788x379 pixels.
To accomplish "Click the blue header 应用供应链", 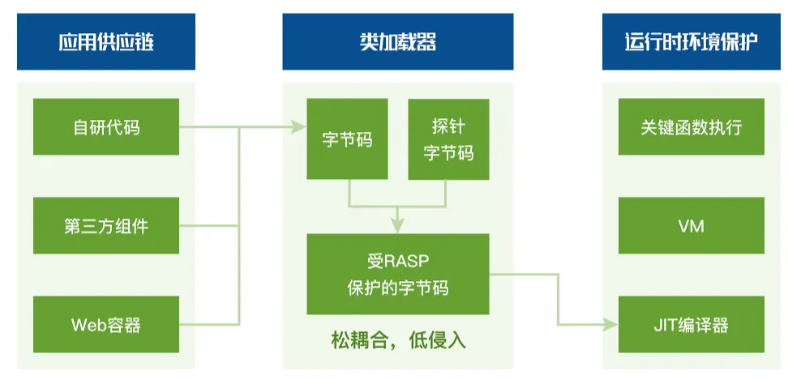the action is pyautogui.click(x=106, y=41).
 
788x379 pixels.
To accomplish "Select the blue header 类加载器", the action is pyautogui.click(x=397, y=41).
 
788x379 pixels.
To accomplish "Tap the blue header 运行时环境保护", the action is pyautogui.click(x=691, y=41).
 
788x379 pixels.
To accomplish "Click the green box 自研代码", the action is pyautogui.click(x=106, y=126).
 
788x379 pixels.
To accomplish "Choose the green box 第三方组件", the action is pyautogui.click(x=106, y=225).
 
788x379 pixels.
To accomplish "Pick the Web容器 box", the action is pyautogui.click(x=106, y=324).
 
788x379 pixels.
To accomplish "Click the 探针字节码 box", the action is pyautogui.click(x=448, y=139).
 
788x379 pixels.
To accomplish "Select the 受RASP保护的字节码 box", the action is pyautogui.click(x=397, y=274).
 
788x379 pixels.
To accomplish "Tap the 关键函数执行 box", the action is pyautogui.click(x=691, y=126).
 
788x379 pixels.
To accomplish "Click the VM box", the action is pyautogui.click(x=691, y=225).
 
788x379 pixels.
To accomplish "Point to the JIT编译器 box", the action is pyautogui.click(x=691, y=324).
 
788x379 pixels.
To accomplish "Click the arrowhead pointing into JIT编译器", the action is pyautogui.click(x=611, y=325).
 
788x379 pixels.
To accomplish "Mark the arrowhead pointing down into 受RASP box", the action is pyautogui.click(x=397, y=227).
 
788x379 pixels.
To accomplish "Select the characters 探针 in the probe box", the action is pyautogui.click(x=448, y=126).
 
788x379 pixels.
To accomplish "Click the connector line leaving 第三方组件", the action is pyautogui.click(x=209, y=225).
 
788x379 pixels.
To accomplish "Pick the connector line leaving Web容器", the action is pyautogui.click(x=209, y=325).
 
